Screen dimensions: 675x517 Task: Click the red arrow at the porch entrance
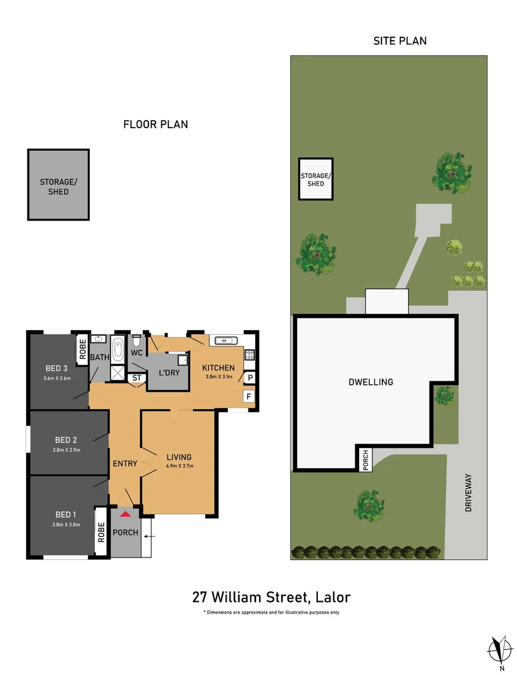[126, 514]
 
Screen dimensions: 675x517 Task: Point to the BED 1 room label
[61, 514]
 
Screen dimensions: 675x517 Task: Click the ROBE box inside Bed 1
[100, 530]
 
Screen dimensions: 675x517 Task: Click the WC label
[137, 352]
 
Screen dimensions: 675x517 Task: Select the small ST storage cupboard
[137, 377]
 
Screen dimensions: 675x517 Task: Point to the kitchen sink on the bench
[224, 341]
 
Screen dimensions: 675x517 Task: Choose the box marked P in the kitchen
[249, 377]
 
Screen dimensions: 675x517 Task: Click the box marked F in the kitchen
[249, 396]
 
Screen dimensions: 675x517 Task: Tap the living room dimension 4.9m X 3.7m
[179, 466]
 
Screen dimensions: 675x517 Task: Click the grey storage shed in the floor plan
[58, 185]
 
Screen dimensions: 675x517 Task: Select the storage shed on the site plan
[315, 179]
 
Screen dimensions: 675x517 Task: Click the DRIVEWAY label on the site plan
[468, 493]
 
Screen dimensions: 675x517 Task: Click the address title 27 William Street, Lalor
[272, 596]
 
